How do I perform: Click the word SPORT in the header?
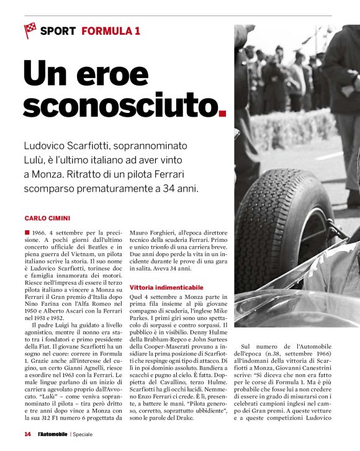[58, 30]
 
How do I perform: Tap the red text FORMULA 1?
[110, 30]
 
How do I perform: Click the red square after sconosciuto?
[223, 114]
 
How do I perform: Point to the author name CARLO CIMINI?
[47, 218]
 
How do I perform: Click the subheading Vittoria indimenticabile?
[166, 288]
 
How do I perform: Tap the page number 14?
[27, 434]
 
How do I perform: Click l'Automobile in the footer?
[52, 434]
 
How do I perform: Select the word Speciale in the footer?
[81, 434]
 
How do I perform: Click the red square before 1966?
[27, 232]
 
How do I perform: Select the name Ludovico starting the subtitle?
[48, 146]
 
